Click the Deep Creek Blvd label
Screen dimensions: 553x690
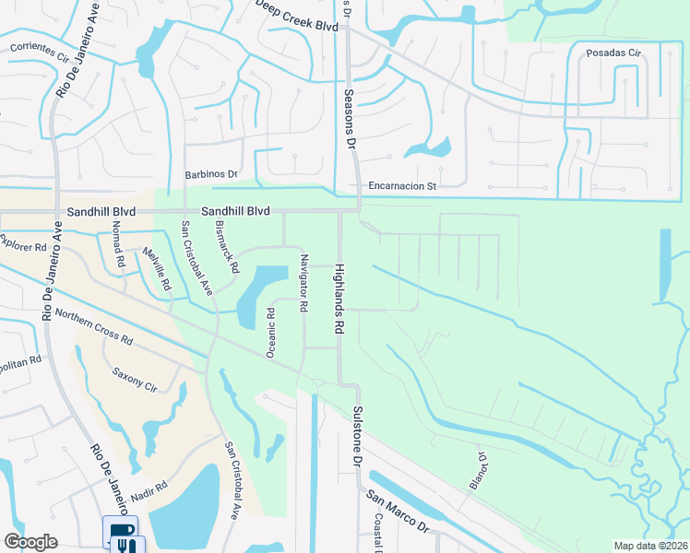click(297, 27)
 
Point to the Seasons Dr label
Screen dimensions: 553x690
click(351, 118)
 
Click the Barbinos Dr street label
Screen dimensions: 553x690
click(210, 173)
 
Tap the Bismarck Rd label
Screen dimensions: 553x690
click(227, 246)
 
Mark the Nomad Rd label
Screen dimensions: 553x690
click(117, 243)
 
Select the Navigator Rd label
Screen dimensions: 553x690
click(303, 282)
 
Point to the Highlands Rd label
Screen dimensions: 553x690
click(339, 298)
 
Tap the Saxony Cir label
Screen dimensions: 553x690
click(135, 381)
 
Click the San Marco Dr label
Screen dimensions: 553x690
click(398, 512)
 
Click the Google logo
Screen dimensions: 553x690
click(30, 543)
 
